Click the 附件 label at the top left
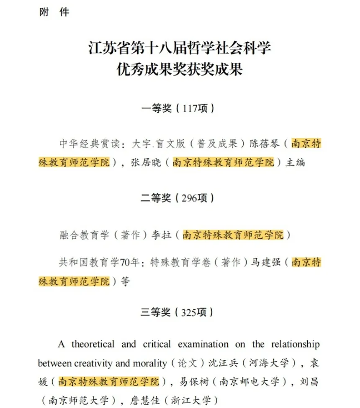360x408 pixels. click(54, 12)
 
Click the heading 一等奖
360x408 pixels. click(157, 108)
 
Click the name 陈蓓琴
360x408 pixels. click(265, 144)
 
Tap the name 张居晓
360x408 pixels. click(146, 163)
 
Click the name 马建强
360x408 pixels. click(265, 263)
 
